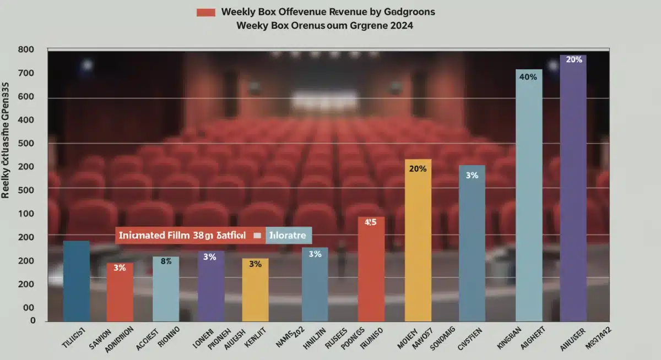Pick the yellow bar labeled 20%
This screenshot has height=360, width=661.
[418, 242]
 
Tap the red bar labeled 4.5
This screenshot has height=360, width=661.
[371, 270]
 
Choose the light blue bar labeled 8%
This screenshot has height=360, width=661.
[166, 289]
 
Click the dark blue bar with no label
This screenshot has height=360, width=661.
[77, 281]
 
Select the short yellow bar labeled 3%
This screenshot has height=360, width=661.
[255, 290]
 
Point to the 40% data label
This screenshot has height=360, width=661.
[528, 77]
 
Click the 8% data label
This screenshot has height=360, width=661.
[166, 261]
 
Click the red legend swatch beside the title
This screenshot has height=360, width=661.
[205, 12]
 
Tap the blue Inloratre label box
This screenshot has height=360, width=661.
[289, 235]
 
